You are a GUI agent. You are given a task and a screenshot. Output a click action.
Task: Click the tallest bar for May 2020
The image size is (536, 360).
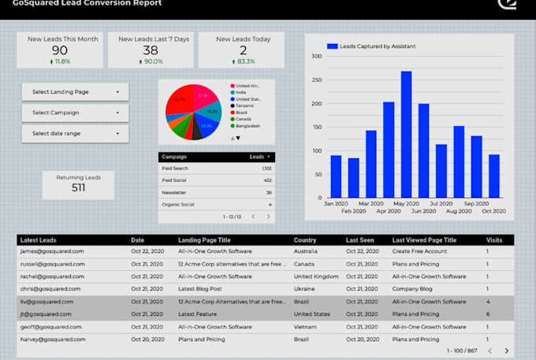406,134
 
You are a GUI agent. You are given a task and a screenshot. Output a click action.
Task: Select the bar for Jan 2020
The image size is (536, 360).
336,176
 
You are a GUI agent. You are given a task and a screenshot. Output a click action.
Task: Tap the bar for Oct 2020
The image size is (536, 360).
494,176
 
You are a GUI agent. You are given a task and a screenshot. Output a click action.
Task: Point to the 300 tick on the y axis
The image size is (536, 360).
316,56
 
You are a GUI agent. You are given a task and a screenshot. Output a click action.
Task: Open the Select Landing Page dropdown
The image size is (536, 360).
75,92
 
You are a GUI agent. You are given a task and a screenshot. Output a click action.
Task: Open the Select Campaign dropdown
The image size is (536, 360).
75,113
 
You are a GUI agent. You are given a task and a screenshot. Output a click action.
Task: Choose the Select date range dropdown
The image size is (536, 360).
75,133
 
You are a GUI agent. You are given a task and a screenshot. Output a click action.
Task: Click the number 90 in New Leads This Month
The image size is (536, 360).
60,50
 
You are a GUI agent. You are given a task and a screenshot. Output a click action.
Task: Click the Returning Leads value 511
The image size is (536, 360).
78,187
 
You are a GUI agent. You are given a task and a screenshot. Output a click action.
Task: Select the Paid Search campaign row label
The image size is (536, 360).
177,169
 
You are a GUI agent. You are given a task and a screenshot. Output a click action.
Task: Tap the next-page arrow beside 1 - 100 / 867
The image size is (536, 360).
506,351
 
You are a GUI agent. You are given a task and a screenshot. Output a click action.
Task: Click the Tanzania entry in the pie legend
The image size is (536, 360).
247,105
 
